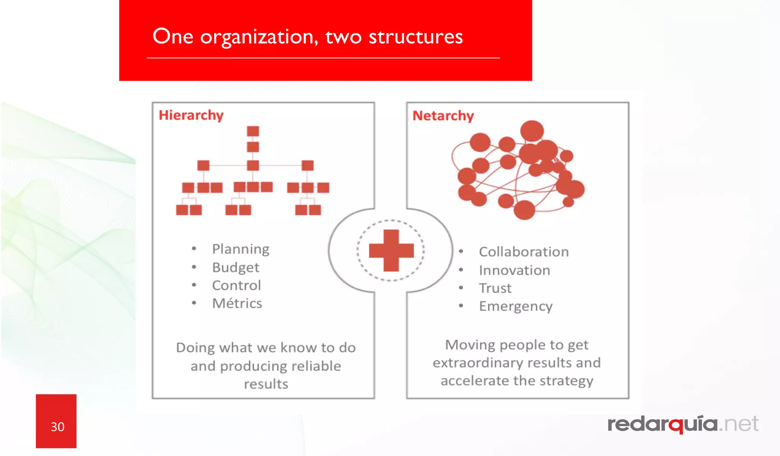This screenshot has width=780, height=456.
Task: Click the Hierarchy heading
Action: [x=191, y=115]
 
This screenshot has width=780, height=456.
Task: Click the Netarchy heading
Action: [x=443, y=115]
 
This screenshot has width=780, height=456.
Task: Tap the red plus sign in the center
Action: [x=391, y=251]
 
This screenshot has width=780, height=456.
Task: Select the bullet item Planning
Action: [x=240, y=249]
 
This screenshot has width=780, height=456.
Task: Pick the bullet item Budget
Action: [x=235, y=267]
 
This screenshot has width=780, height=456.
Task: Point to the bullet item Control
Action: [x=236, y=285]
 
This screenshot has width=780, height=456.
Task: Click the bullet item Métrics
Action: [x=237, y=303]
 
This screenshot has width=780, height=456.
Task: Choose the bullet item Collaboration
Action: [x=524, y=252]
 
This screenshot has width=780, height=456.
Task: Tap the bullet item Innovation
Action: [x=514, y=270]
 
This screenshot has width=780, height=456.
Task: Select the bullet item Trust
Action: [x=495, y=288]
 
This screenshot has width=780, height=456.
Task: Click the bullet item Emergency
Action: [x=515, y=306]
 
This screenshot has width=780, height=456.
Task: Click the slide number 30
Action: [x=58, y=427]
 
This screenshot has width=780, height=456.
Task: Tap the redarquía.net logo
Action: [x=682, y=424]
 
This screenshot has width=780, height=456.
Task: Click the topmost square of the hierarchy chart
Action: [x=253, y=131]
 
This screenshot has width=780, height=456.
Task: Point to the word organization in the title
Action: [x=259, y=37]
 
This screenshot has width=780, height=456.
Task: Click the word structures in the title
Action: [x=416, y=37]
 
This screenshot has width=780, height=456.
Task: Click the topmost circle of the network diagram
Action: [x=532, y=131]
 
